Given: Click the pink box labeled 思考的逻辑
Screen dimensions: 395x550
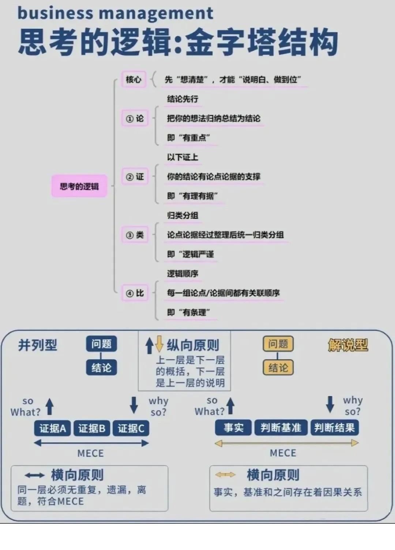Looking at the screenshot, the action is click(x=79, y=186).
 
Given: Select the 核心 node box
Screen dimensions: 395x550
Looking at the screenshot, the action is click(x=133, y=79).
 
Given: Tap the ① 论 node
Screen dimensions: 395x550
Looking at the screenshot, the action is click(x=135, y=119).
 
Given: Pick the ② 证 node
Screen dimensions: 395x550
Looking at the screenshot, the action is click(x=135, y=177).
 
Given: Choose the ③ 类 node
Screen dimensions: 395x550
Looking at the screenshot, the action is click(x=135, y=235).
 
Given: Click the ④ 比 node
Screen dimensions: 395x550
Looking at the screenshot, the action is click(x=135, y=293).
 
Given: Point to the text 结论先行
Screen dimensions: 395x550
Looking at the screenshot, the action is click(x=183, y=99).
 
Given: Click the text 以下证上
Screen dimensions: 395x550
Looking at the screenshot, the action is click(x=183, y=157).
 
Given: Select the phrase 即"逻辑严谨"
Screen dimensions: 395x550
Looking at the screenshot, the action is click(x=190, y=254).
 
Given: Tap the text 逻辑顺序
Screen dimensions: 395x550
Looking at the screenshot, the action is click(x=183, y=274).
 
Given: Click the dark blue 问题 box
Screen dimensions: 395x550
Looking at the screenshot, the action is click(x=101, y=344).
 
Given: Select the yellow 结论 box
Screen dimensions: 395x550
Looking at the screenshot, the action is click(x=278, y=368).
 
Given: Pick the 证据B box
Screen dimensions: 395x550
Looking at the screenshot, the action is click(x=91, y=428).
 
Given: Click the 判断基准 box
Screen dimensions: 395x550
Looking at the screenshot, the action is click(x=281, y=428).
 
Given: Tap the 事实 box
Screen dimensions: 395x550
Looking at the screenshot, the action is click(x=233, y=428).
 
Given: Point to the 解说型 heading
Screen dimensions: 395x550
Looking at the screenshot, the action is click(x=347, y=345).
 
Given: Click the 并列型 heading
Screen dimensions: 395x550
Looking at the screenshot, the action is click(x=38, y=345).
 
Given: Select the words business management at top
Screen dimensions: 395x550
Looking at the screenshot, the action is click(x=115, y=13).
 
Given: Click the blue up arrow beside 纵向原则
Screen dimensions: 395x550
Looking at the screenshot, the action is click(x=149, y=345).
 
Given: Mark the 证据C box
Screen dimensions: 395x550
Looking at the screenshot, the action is click(x=131, y=428).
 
